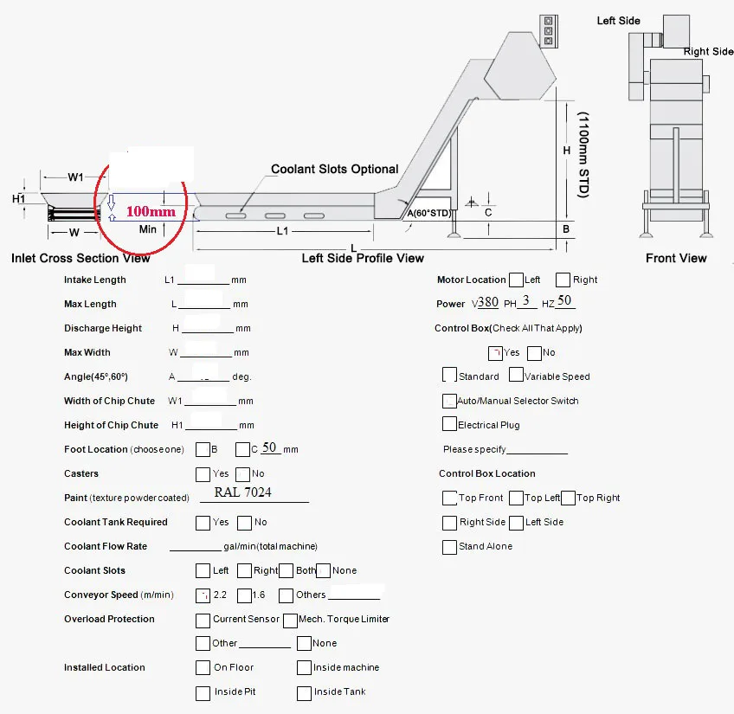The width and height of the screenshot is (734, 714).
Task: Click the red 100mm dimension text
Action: click(151, 210)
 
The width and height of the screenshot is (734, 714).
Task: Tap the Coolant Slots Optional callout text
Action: click(335, 170)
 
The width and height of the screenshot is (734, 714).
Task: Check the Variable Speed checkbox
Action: click(516, 376)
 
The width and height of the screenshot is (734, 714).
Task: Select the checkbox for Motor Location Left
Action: click(516, 280)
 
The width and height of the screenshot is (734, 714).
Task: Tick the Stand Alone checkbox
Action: click(449, 547)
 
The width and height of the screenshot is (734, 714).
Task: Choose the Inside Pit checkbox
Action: click(203, 692)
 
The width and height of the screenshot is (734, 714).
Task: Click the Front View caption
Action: click(676, 258)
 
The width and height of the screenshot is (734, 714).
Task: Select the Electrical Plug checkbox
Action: click(449, 424)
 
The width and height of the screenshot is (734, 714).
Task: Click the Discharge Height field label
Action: click(103, 328)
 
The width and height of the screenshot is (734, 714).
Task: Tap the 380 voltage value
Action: click(488, 303)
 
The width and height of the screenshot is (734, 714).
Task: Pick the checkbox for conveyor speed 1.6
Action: click(244, 595)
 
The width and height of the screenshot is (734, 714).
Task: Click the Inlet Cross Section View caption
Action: click(80, 258)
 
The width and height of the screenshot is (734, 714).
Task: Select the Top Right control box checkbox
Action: click(568, 498)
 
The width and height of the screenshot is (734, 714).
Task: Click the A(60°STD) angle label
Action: click(429, 213)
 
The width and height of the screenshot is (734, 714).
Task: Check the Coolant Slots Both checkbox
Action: click(287, 570)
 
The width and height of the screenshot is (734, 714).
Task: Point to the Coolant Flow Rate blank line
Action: click(195, 548)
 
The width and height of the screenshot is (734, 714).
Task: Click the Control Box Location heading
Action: click(486, 473)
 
